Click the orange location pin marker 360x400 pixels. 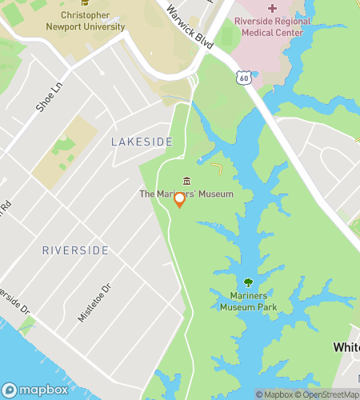click(x=180, y=200)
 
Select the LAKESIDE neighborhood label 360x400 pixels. click(x=142, y=142)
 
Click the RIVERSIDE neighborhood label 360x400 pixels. click(x=75, y=250)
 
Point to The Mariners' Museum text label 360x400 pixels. click(x=186, y=194)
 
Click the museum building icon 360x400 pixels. click(x=186, y=182)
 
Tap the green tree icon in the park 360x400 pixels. click(x=248, y=282)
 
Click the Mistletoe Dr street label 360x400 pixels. click(x=91, y=302)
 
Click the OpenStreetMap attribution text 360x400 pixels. click(x=328, y=394)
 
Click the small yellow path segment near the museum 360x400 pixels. click(x=218, y=169)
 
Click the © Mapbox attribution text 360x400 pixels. click(x=274, y=394)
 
